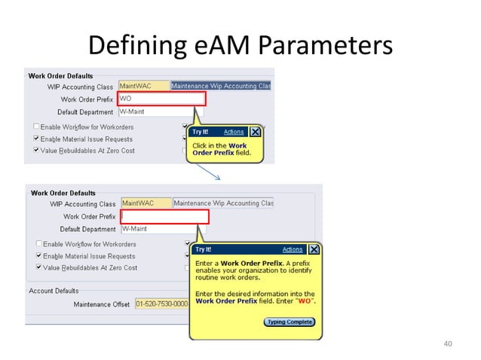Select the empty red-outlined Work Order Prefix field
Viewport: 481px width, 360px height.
164,217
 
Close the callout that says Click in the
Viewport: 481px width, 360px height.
255,132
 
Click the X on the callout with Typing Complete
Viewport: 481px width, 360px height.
314,249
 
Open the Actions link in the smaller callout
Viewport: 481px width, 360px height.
234,132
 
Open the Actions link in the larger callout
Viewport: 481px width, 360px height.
293,249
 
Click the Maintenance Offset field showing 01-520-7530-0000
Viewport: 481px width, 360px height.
161,304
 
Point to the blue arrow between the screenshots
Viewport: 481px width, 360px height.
216,175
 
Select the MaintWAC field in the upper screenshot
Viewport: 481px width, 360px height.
143,87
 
